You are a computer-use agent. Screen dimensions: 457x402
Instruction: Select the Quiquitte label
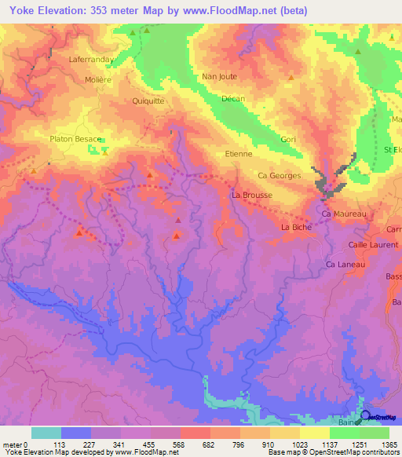[148, 100]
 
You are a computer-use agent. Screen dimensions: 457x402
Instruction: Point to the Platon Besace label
[75, 139]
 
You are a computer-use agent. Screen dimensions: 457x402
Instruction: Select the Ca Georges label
[279, 176]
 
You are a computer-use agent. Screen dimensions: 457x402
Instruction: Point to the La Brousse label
[251, 194]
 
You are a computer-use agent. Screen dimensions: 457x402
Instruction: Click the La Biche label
[295, 227]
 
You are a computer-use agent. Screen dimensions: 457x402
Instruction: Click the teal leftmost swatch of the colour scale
[46, 433]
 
